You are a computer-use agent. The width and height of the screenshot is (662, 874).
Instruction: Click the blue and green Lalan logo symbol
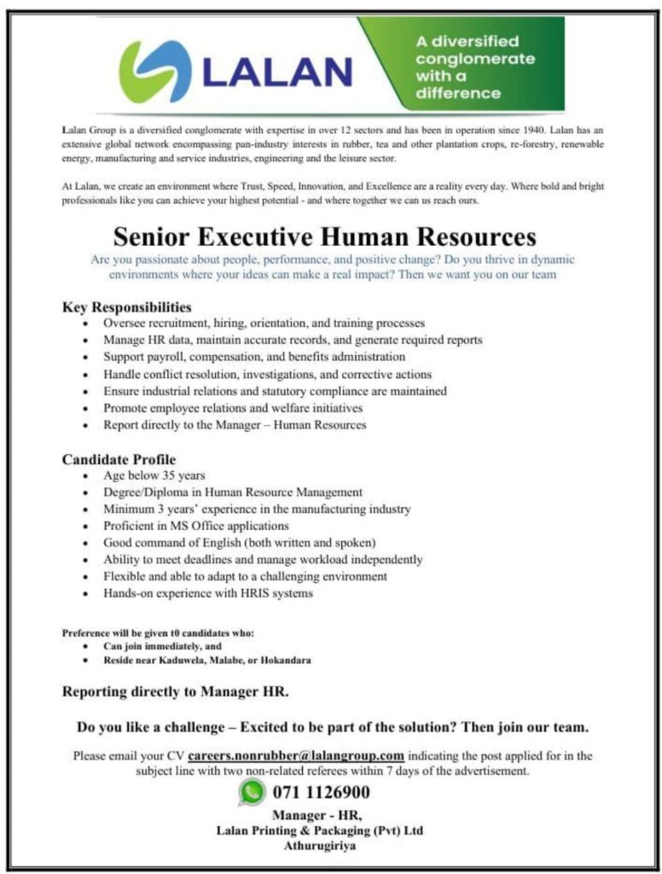(154, 71)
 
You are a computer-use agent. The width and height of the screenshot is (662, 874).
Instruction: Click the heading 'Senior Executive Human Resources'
(325, 236)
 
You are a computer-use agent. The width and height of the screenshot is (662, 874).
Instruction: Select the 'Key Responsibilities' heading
(126, 306)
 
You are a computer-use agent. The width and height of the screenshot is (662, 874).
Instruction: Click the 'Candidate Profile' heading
(119, 459)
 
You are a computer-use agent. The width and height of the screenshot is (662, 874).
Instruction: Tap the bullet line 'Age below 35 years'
(154, 475)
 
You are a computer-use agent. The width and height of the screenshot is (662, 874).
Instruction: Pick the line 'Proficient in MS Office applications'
(196, 526)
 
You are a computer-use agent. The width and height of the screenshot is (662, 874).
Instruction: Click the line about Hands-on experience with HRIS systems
(208, 593)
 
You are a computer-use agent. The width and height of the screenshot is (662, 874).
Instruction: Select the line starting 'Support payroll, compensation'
(254, 357)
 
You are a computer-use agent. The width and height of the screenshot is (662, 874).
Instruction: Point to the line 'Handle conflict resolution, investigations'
(267, 374)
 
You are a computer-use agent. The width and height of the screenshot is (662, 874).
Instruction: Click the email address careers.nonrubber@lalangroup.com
(296, 755)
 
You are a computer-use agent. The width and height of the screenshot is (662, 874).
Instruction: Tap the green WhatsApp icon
(252, 792)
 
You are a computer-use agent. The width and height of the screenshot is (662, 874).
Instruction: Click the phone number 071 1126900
(321, 792)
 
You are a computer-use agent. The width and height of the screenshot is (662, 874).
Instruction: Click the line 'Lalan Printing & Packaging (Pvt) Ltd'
(320, 830)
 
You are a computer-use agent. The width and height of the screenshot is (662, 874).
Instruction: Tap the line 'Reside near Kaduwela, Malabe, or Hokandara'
(212, 661)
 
